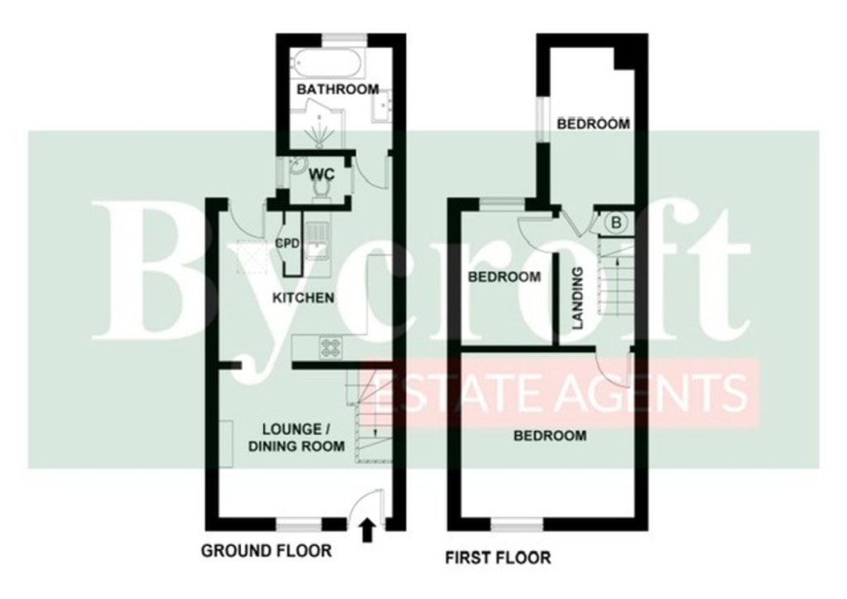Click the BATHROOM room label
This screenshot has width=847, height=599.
337,89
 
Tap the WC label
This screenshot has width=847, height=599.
322,175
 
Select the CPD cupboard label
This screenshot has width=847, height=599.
287,243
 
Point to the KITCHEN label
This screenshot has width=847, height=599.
303,298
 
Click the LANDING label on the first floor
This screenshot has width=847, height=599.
578,298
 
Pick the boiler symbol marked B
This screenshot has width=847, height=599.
615,222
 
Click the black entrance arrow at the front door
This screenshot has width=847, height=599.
367,530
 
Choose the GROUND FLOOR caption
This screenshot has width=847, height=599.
266,551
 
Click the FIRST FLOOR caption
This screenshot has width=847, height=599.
498,558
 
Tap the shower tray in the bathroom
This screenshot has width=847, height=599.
320,128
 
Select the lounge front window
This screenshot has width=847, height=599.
299,524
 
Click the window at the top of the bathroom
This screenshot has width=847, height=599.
345,38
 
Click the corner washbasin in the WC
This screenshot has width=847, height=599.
297,166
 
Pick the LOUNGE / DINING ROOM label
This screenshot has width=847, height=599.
297,438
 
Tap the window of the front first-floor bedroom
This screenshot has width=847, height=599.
517,524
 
